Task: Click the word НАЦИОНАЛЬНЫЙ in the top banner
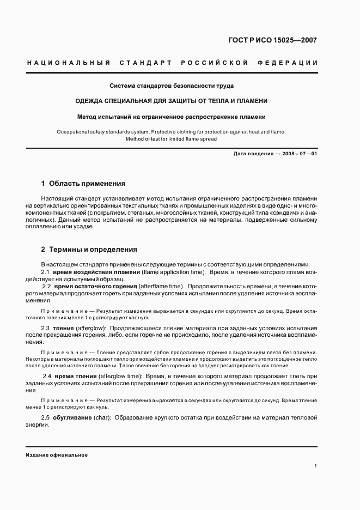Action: coord(65,63)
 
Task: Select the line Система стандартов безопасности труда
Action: coord(172,86)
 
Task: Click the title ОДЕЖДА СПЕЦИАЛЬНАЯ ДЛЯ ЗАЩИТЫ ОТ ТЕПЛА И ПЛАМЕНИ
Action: coord(172,101)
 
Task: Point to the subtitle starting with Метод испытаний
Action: coord(172,117)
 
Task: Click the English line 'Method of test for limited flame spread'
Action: coord(172,139)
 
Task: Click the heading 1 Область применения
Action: coord(83,184)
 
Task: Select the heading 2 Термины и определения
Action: coord(89,249)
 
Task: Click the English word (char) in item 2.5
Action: coord(103,417)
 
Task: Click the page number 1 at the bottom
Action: coord(316,466)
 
